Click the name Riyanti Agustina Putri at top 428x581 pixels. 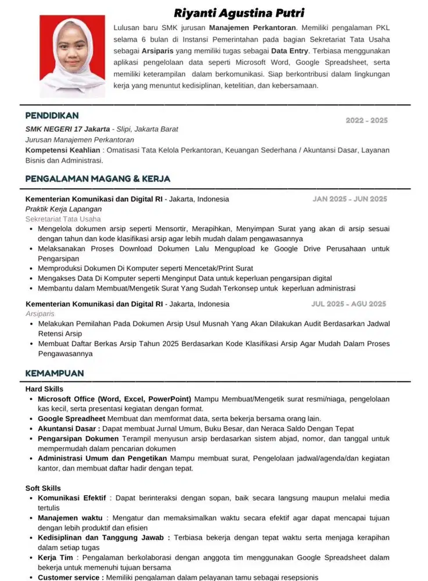tap(239, 13)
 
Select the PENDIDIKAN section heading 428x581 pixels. tap(52, 116)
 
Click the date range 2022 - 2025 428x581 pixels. tap(366, 120)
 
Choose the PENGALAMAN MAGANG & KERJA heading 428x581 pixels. tap(98, 178)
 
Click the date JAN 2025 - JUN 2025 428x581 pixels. tap(350, 199)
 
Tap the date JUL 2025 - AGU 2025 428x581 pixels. tap(348, 303)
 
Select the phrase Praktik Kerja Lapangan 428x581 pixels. tap(63, 209)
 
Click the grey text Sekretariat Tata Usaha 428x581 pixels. tap(63, 219)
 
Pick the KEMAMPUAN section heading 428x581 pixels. tap(55, 372)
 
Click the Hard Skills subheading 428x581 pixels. tap(44, 389)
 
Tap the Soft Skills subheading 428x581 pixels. tap(43, 488)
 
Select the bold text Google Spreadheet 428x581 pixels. tap(71, 418)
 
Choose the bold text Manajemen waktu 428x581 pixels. tap(70, 518)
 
